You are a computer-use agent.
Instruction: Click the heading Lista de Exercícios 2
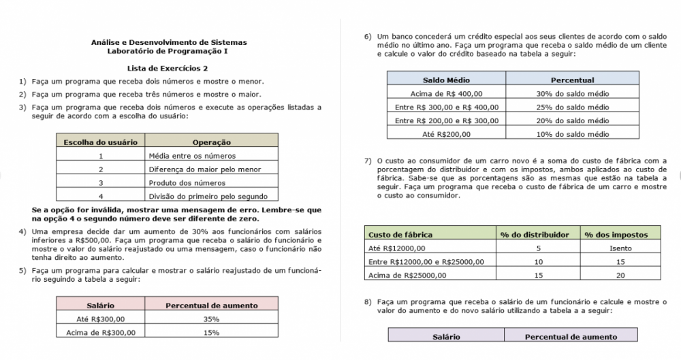pos(168,68)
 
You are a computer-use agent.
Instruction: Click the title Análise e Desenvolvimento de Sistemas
pos(168,42)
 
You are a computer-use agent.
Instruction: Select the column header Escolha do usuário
pos(100,142)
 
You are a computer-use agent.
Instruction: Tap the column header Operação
pos(212,142)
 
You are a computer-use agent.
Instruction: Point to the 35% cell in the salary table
pos(211,318)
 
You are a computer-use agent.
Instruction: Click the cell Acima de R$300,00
pos(101,332)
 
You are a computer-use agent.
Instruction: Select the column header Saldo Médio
pos(446,80)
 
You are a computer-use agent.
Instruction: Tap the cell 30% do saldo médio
pos(572,94)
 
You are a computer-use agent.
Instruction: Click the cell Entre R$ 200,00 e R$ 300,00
pos(447,120)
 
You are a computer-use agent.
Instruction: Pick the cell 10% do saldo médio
pos(572,134)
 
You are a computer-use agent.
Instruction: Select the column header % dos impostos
pos(616,235)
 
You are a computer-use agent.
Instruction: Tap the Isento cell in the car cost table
pos(620,248)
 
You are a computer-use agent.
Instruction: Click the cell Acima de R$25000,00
pos(407,275)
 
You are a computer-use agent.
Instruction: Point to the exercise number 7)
pos(368,161)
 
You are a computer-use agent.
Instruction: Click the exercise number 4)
pos(22,231)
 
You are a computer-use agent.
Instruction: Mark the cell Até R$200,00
pos(447,134)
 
